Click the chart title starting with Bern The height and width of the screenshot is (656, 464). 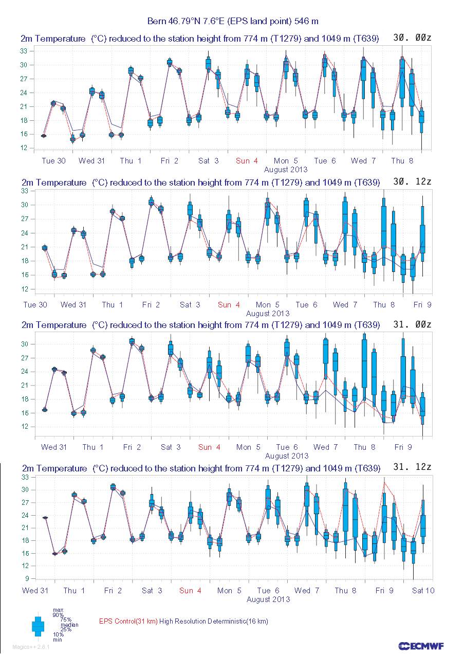coord(233,21)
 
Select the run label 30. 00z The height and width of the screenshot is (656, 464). coord(412,38)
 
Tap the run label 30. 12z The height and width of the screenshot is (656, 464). coord(412,182)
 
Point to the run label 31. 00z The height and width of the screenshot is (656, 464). coord(412,324)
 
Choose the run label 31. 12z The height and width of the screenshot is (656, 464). coord(412,467)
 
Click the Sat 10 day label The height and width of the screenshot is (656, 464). coord(423,591)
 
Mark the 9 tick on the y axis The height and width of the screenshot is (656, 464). coord(24,578)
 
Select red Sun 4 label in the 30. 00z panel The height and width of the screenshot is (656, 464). coord(247,161)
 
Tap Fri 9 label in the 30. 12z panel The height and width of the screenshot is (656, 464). coord(422,305)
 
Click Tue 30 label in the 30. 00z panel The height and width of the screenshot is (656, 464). coord(54,161)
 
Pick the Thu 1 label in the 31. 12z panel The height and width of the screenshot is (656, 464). coord(75,591)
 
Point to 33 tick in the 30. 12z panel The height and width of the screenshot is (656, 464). coord(24,191)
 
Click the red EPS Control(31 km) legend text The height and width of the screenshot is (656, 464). coord(128,622)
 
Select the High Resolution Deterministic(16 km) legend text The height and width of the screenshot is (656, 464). coord(214,622)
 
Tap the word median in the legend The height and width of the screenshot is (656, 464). coord(70,625)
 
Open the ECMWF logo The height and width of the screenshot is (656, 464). coord(421,646)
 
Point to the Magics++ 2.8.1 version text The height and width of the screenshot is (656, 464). coord(31,647)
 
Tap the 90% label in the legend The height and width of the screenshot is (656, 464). coord(58,615)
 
